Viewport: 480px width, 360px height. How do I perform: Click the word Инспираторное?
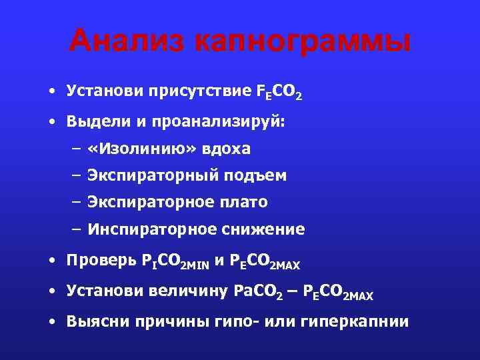(x=147, y=229)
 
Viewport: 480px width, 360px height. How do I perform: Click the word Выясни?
(x=97, y=321)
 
